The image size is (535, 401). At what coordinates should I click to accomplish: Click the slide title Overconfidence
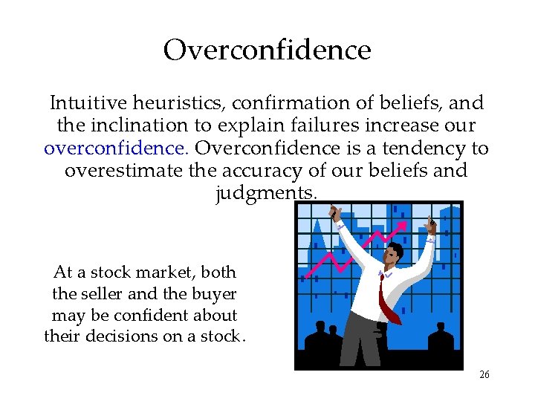[x=267, y=50]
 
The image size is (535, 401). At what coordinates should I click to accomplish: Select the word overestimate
[x=123, y=171]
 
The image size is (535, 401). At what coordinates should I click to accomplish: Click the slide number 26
[x=484, y=375]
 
